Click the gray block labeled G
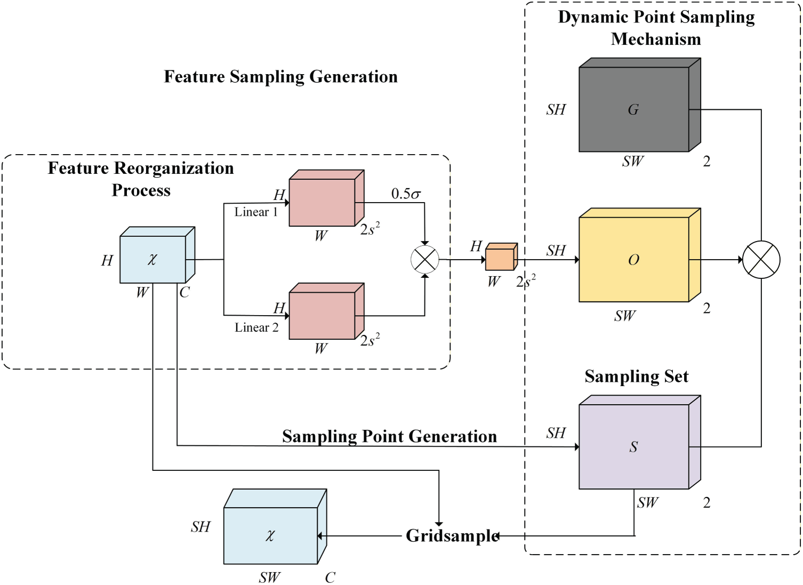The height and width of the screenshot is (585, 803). (634, 109)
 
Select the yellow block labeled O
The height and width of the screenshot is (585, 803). (634, 259)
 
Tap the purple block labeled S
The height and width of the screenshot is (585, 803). (634, 446)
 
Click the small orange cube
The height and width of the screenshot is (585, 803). (500, 258)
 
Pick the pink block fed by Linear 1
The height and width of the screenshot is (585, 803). (322, 202)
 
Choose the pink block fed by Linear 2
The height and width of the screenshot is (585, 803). (322, 315)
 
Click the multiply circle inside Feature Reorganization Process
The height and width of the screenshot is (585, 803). (425, 260)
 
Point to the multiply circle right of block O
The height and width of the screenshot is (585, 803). (761, 260)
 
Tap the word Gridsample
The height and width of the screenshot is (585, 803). (452, 535)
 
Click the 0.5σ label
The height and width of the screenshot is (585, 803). (406, 194)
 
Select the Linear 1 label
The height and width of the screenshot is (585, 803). (256, 212)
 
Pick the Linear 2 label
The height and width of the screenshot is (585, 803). (256, 327)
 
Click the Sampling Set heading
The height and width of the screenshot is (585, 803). (637, 376)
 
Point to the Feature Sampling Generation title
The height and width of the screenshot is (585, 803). (280, 77)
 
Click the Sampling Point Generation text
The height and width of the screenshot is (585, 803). (389, 436)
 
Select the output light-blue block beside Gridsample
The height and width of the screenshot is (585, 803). (270, 535)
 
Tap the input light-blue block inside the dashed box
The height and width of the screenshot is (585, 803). (153, 259)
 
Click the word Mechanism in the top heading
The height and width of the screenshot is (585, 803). (656, 39)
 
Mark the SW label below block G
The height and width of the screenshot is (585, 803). (633, 161)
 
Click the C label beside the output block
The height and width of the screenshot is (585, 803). (330, 578)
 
